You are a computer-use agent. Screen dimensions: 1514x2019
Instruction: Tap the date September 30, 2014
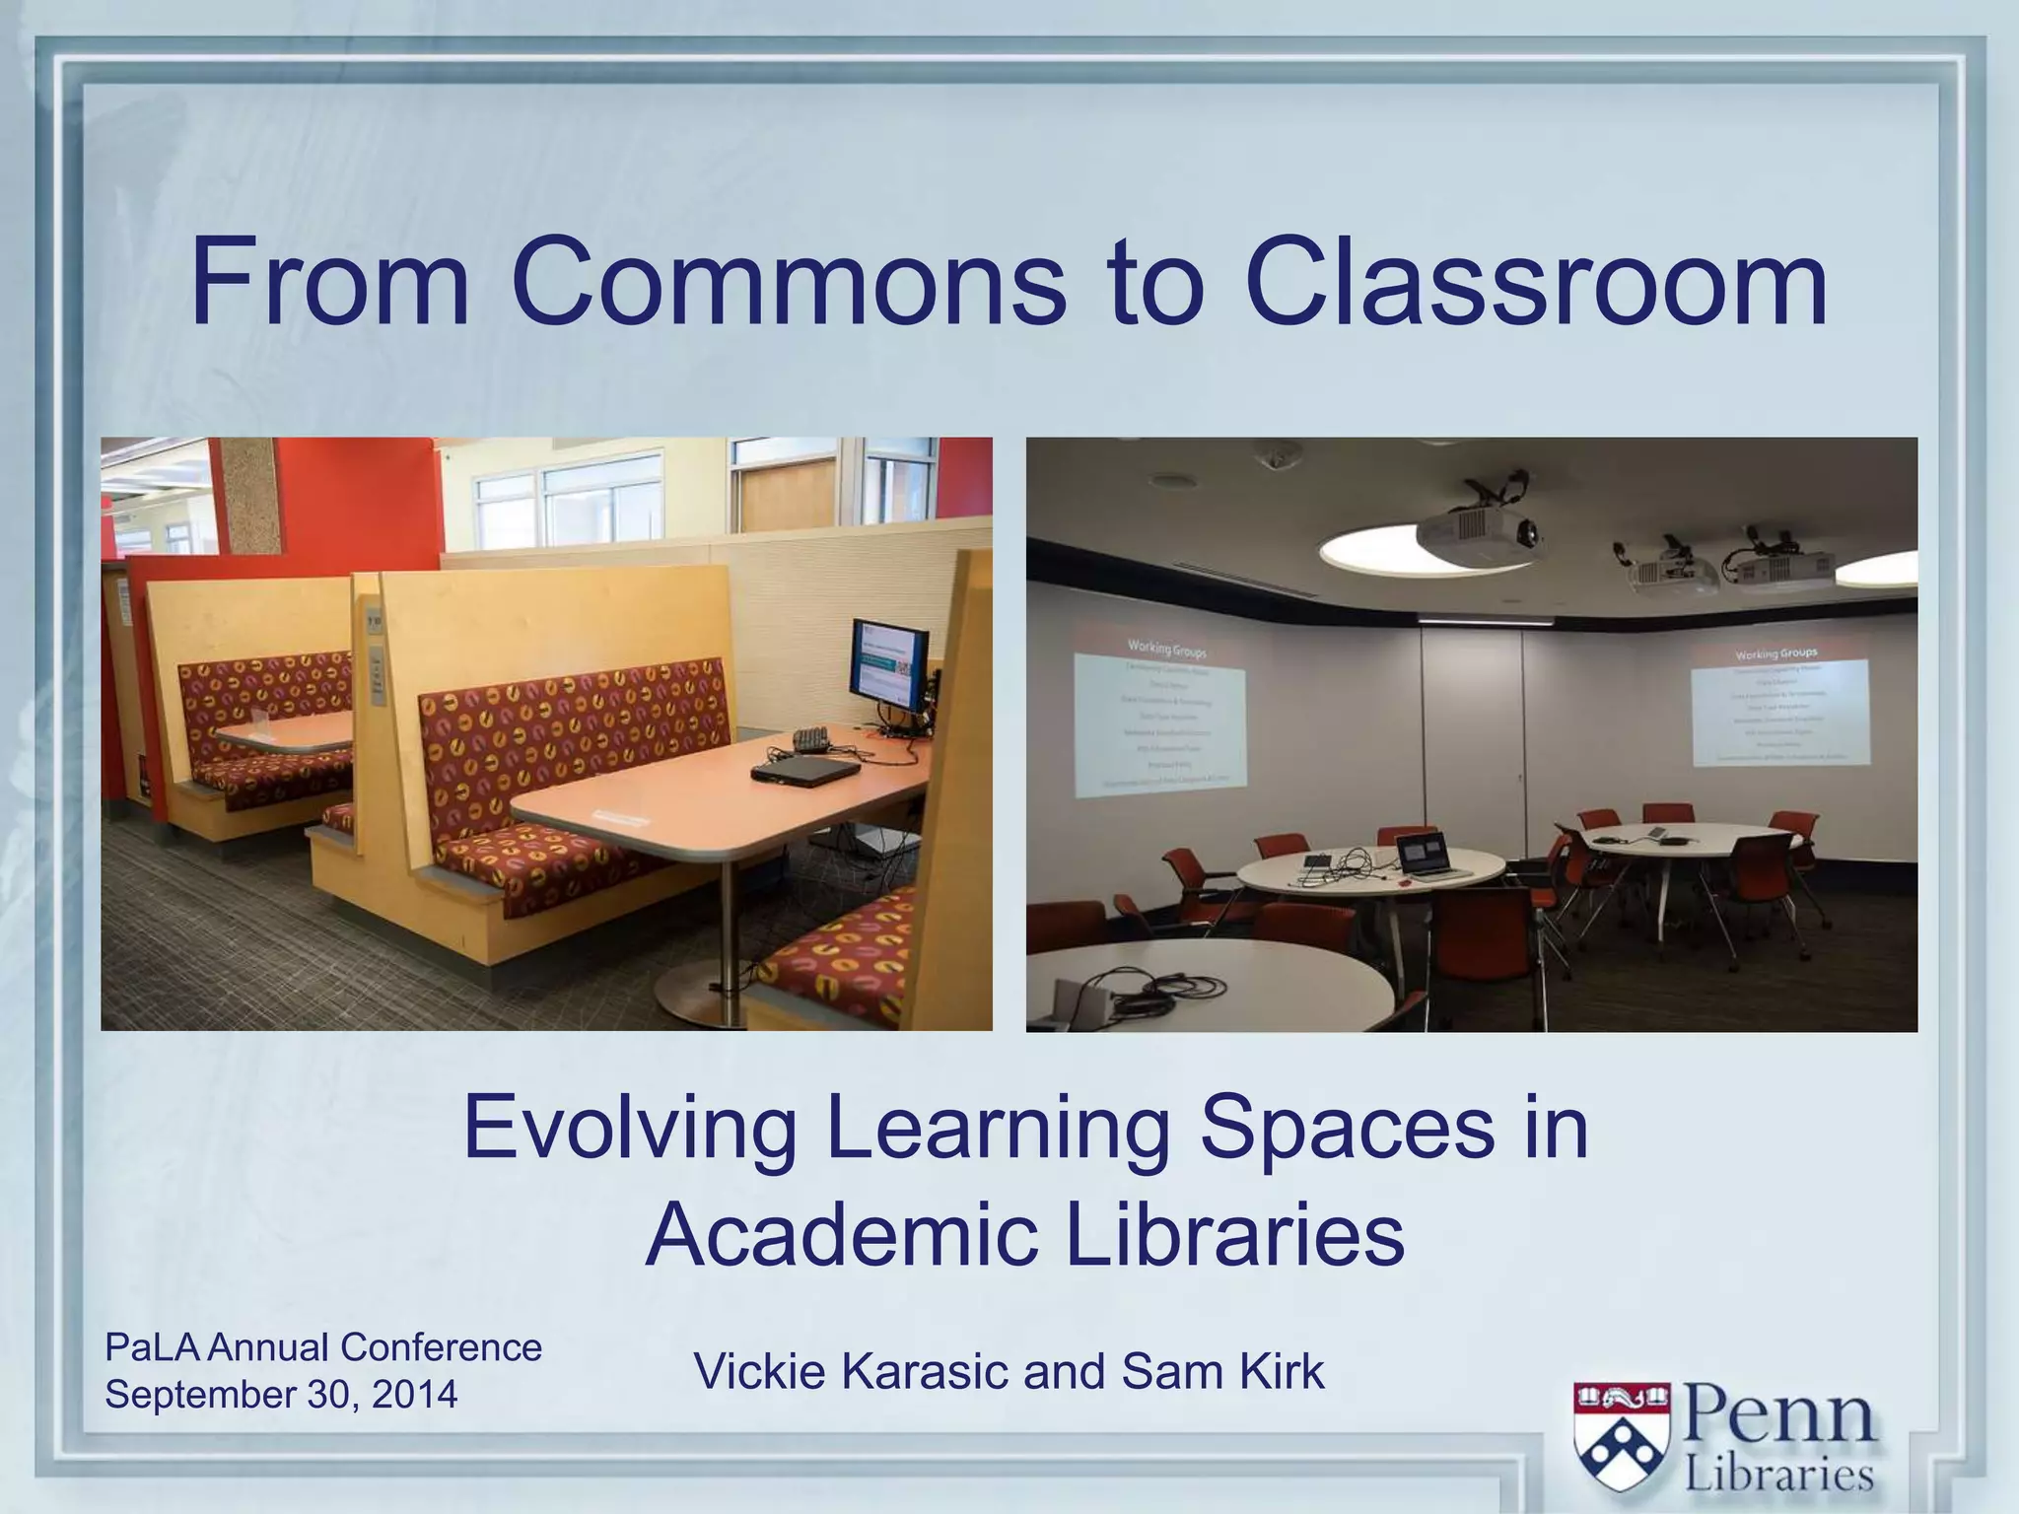[281, 1395]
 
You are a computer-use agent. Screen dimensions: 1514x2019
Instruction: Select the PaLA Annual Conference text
[323, 1347]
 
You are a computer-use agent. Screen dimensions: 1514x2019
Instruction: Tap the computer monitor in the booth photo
[889, 666]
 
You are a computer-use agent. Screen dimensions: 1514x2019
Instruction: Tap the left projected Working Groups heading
[1166, 649]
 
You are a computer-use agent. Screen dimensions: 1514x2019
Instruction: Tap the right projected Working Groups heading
[1775, 654]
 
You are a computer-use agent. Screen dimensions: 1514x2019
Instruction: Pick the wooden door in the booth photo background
[788, 498]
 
